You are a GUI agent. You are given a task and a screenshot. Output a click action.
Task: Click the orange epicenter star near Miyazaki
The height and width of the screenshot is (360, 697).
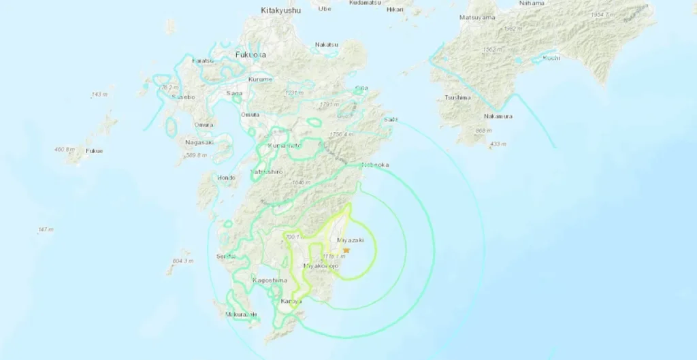346,250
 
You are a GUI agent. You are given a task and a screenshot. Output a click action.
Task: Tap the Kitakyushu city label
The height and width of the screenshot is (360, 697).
281,10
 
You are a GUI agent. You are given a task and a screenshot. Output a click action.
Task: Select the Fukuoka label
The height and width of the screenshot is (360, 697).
250,54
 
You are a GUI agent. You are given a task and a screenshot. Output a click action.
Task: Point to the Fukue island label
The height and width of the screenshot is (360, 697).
94,151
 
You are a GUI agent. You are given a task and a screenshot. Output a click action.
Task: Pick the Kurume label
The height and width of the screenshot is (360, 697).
260,80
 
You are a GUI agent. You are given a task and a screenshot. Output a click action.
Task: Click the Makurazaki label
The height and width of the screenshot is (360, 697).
241,314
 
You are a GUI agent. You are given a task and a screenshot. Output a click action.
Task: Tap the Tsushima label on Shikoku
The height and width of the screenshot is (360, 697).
457,97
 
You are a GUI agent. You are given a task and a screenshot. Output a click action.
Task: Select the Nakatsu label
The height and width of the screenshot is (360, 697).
327,45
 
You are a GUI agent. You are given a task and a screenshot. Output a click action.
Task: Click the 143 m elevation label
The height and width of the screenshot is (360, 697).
99,94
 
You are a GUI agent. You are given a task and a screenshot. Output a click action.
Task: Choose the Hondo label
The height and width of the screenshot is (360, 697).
225,178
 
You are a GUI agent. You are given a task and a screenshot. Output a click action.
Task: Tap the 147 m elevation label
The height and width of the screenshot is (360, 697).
46,230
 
